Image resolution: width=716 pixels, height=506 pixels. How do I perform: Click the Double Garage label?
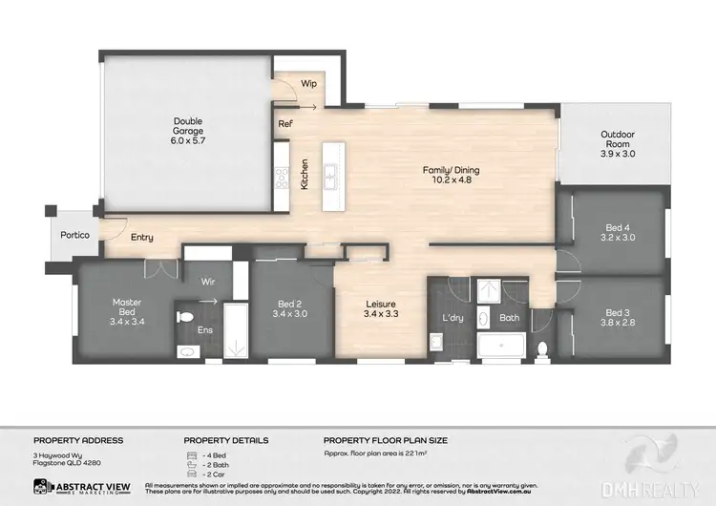click(188, 121)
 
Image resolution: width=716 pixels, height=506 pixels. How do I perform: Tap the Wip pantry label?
click(308, 84)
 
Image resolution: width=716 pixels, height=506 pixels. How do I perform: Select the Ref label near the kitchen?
click(285, 124)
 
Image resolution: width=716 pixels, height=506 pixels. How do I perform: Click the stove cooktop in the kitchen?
click(283, 177)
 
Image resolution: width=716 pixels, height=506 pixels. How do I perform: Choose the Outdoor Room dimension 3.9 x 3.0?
click(618, 153)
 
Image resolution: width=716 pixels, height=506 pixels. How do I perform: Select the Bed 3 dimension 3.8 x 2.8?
click(618, 323)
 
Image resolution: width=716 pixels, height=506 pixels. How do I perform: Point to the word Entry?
click(142, 238)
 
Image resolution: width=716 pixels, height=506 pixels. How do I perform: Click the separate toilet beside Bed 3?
click(542, 347)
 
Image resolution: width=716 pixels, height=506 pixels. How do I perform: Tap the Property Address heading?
click(78, 440)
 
